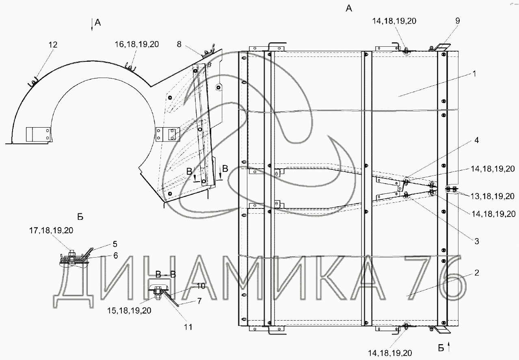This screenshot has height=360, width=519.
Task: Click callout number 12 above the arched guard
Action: [53, 45]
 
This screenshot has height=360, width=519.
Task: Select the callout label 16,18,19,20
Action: [137, 44]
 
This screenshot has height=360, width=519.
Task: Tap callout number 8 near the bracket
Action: [179, 44]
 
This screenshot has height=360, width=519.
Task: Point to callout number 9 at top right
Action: [458, 21]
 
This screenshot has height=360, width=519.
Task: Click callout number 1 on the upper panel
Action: [474, 74]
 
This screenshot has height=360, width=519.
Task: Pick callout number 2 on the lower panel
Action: [477, 273]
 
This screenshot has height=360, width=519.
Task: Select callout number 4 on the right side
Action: [477, 140]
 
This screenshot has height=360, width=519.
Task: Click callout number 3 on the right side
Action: [477, 241]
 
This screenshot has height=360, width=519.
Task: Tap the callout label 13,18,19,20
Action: [492, 196]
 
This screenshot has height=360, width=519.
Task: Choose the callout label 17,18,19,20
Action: [51, 230]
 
